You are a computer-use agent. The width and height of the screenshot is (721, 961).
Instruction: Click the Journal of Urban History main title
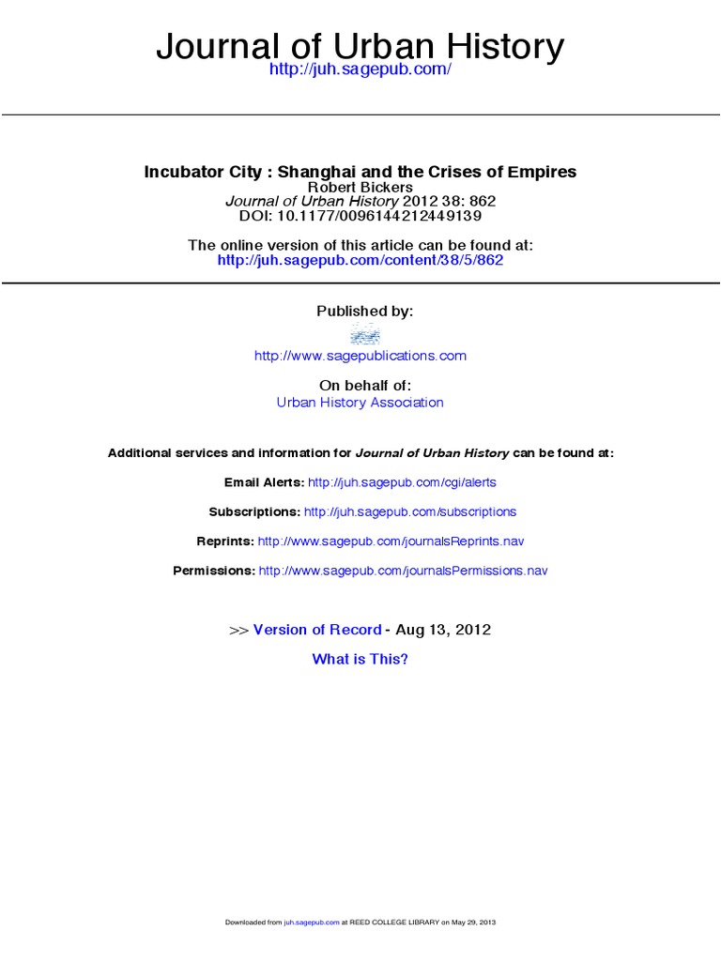coord(360,45)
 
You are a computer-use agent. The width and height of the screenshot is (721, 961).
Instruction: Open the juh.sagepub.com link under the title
coord(360,71)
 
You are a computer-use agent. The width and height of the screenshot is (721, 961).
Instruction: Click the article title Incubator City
coord(360,172)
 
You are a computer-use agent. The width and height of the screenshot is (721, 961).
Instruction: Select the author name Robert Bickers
coord(360,188)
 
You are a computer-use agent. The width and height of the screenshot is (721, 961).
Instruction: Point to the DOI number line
coord(360,215)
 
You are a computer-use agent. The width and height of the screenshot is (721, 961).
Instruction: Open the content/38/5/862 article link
coord(360,260)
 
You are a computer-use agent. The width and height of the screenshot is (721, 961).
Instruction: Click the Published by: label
coord(364,311)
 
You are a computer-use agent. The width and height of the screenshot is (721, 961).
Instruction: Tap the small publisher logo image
coord(364,333)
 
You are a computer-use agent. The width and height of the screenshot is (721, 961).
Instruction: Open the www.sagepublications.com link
coord(360,356)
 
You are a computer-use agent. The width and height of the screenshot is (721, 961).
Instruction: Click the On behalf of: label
coord(364,385)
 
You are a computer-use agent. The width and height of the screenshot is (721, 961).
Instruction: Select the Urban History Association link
coord(360,402)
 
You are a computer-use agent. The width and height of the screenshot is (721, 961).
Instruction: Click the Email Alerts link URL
coord(402,481)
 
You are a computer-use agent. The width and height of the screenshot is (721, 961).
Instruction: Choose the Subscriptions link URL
coord(410,511)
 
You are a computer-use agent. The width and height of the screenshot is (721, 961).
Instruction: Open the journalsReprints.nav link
coord(391,542)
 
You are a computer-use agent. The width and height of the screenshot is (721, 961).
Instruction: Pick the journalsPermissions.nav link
coord(403,571)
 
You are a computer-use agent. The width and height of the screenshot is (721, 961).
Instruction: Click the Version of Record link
coord(317,630)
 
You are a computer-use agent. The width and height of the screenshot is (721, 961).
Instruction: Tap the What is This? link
coord(360,659)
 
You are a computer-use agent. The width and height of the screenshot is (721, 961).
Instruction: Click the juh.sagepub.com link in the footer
coord(312,923)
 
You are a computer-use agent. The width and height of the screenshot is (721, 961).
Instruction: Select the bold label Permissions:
coord(214,571)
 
